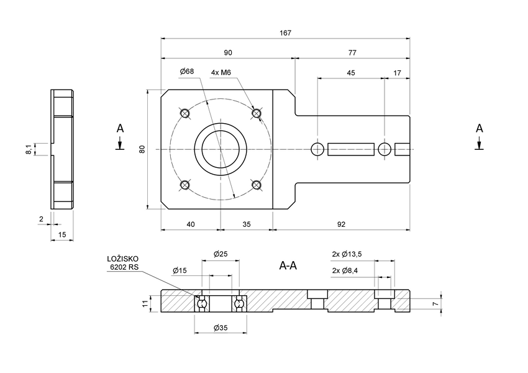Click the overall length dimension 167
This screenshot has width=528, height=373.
285,33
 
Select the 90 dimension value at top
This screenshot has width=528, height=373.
228,53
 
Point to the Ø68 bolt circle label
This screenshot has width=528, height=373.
186,72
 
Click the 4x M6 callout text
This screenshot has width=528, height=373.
221,73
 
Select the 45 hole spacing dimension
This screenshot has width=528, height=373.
351,73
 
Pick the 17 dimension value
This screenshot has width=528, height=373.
398,73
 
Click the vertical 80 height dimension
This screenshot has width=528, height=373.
142,149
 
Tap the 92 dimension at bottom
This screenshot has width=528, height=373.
341,224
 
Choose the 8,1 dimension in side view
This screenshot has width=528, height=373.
28,149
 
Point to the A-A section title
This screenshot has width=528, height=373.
288,266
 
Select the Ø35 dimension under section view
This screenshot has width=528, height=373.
220,328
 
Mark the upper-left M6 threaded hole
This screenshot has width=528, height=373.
184,113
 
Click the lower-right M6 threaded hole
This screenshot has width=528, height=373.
256,185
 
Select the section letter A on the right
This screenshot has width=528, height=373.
479,128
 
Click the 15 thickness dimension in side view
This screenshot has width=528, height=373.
62,234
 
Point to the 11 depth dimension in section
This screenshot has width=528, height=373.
145,303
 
